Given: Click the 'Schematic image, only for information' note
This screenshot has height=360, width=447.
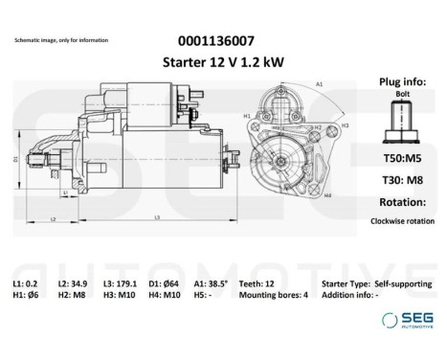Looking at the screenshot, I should click(x=60, y=41).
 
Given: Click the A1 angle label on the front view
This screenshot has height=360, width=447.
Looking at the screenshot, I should click(x=319, y=84).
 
